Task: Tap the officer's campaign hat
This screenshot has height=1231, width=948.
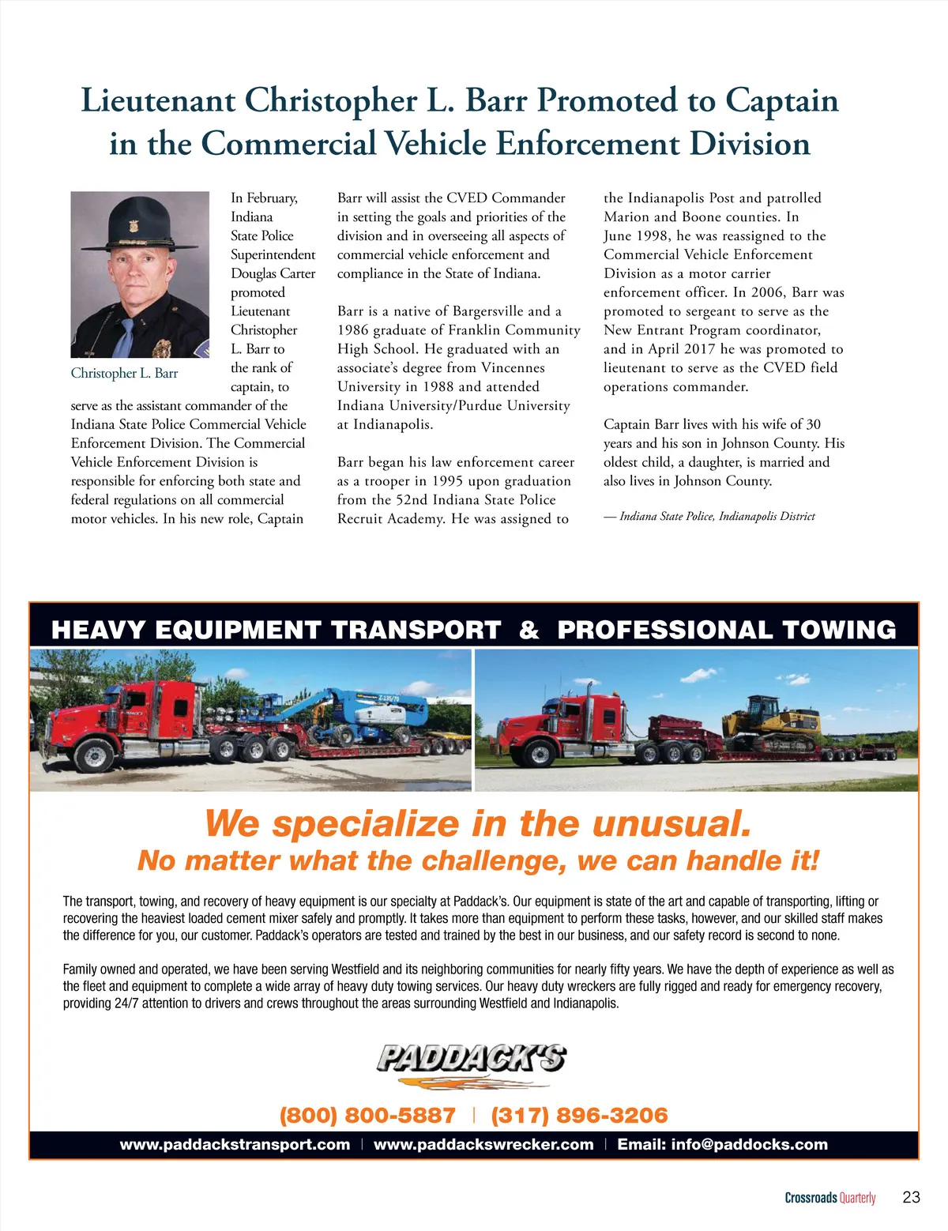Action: coord(140,222)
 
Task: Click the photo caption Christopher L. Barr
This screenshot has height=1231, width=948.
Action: coord(124,373)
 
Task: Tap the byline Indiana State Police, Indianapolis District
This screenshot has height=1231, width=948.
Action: coord(717,517)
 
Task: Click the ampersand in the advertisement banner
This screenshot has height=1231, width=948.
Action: coord(529,630)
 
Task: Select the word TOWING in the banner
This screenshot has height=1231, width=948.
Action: coord(839,630)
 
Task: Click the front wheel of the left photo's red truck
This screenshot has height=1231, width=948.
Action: coord(94,755)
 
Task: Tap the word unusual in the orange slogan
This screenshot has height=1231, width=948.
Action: coord(671,823)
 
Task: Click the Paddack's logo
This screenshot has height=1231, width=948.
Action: coord(472,1063)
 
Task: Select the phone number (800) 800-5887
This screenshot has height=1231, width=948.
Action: coord(367,1116)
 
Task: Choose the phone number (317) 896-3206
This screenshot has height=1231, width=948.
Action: coord(579,1116)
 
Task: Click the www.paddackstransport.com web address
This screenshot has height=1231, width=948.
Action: coord(235,1145)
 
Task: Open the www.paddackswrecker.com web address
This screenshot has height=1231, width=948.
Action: coord(483,1145)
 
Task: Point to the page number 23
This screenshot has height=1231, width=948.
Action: coord(911,1197)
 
